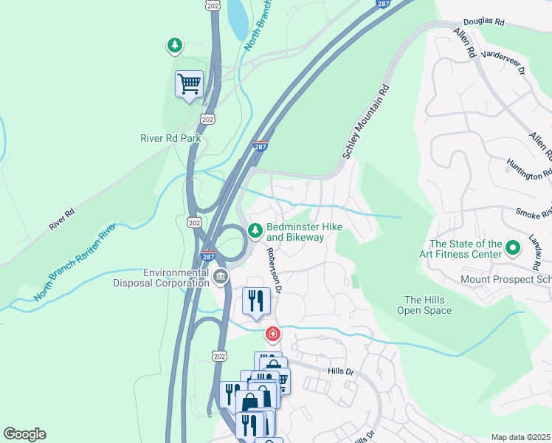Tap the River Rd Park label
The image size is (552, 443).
(x=170, y=137)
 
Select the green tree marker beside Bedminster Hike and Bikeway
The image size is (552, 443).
(x=255, y=232)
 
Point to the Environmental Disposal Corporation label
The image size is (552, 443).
(x=161, y=278)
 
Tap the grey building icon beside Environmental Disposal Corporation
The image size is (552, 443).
(x=221, y=277)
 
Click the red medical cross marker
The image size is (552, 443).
(x=273, y=335)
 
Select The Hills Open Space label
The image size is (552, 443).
(x=428, y=305)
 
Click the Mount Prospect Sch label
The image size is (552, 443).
(x=505, y=280)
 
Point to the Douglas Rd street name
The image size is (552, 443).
(x=483, y=23)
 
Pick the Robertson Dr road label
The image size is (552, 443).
(x=274, y=269)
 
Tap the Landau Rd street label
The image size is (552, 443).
(x=533, y=251)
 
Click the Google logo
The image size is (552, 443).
(x=24, y=434)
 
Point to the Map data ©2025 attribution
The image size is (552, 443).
(x=521, y=437)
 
